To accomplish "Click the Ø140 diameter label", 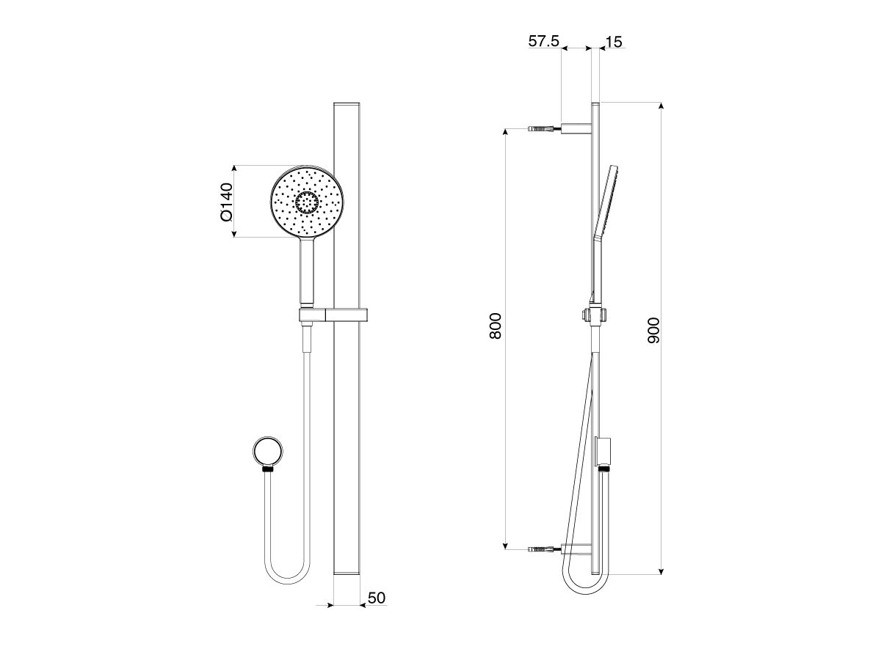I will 225,202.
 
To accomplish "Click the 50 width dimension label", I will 376,598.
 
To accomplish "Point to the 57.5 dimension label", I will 544,42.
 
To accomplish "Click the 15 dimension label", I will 614,42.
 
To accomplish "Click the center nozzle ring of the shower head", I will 307,202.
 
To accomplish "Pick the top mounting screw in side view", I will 544,128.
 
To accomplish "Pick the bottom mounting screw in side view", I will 544,549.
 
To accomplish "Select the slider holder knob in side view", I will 585,315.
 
